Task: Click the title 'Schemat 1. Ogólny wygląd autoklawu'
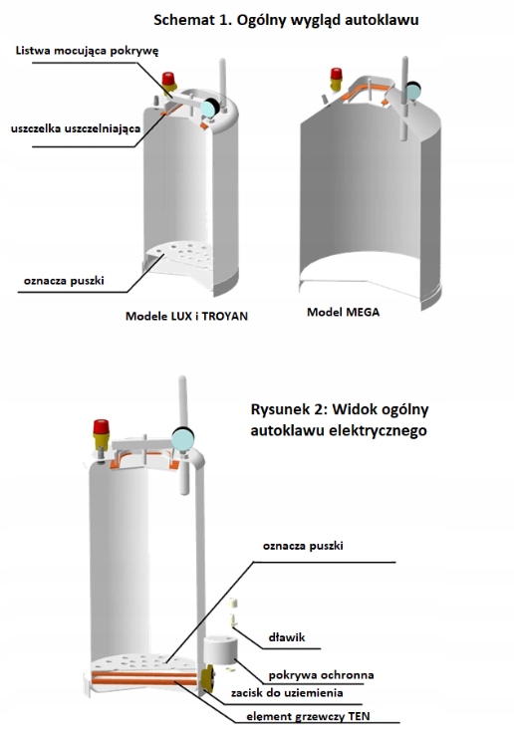(286, 20)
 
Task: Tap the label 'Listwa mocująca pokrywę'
(87, 51)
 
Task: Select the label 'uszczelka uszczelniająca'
(76, 128)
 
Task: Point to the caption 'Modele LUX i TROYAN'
(186, 316)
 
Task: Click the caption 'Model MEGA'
(343, 312)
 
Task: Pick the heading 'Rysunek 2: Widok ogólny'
(340, 409)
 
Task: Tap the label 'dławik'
(287, 637)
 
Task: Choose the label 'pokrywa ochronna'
(321, 675)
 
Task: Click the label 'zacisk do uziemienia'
(287, 693)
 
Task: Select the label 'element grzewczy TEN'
(308, 716)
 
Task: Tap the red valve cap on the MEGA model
(336, 74)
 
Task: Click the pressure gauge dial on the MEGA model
(412, 92)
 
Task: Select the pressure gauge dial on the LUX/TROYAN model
(208, 108)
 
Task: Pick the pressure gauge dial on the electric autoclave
(182, 439)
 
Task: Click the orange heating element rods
(144, 678)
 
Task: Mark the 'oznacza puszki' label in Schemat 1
(64, 281)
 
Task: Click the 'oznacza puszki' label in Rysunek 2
(303, 546)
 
